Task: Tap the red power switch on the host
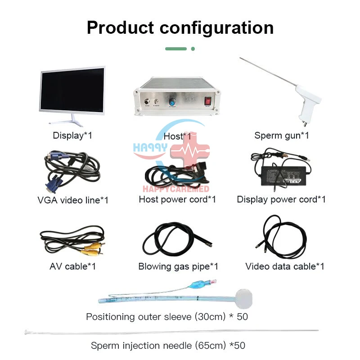point(208,101)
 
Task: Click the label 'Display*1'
point(72,135)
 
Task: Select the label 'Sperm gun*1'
point(281,135)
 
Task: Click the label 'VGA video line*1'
point(73,200)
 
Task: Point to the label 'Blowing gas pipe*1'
point(178,266)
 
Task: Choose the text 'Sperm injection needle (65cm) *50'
point(168,346)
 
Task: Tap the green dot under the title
point(193,49)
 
